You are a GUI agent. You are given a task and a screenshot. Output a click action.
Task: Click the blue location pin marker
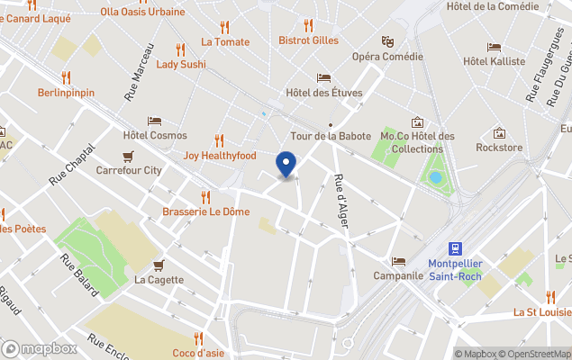coord(286,165)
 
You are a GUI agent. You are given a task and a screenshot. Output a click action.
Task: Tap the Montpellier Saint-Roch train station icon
coord(457,247)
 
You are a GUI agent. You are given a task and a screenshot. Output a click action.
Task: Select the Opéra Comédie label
coord(387,56)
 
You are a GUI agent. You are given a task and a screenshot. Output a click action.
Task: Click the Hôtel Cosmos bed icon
coord(155,121)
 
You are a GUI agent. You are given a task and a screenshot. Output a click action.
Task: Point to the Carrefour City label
coord(129,169)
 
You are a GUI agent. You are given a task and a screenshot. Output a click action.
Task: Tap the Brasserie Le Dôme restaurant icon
coord(205,196)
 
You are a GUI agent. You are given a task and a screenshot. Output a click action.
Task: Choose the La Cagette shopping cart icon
coord(159,265)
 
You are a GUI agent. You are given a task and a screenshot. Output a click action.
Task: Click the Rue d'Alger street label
coord(341,201)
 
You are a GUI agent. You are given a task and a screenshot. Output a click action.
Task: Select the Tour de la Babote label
coord(330,136)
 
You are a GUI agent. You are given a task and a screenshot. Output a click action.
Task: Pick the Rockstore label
coord(499,148)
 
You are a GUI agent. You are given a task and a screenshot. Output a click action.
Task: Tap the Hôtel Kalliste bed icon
coord(494,47)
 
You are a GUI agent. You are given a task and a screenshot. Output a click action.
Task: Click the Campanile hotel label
coord(398,275)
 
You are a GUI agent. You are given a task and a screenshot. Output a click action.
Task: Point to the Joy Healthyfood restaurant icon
coord(219,140)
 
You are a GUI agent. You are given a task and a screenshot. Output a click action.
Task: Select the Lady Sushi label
coord(181,64)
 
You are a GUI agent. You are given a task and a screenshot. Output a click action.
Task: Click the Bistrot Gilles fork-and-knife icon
coord(308,25)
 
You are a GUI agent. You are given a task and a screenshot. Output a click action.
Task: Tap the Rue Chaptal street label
coord(72,167)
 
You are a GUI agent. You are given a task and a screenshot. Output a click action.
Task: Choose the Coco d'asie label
coord(198,352)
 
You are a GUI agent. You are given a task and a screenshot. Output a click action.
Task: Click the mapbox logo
coord(40,348)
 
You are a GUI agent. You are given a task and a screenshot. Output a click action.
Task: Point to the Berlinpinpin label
coord(67,93)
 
